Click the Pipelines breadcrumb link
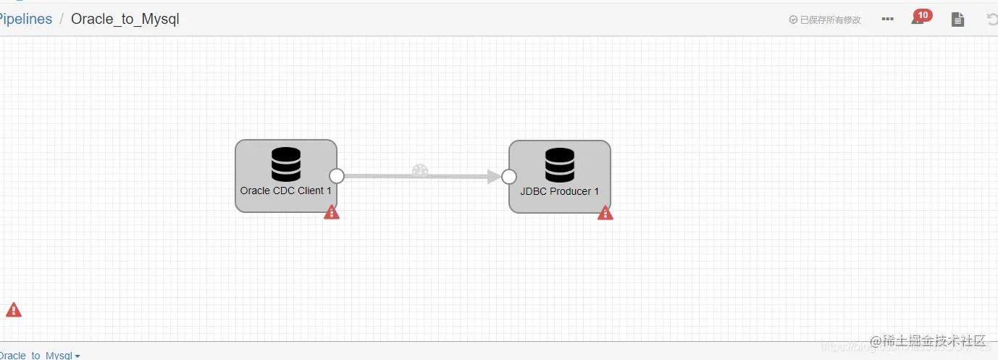point(26,20)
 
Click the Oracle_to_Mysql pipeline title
point(125,20)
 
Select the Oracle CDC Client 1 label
point(285,191)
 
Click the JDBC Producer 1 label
point(560,192)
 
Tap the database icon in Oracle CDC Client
point(286,164)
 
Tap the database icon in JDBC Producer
point(560,165)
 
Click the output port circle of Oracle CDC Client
point(337,176)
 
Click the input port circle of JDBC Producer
point(509,177)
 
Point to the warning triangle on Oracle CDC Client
point(332,212)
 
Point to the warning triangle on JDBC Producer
point(605,213)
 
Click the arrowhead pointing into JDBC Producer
point(495,177)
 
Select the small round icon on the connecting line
point(420,171)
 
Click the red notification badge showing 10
point(923,14)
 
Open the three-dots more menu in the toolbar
point(888,20)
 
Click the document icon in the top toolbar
point(957,20)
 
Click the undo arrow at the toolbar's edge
point(991,20)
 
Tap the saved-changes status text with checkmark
point(825,20)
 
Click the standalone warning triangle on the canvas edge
point(14,310)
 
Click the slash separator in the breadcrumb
point(62,20)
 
